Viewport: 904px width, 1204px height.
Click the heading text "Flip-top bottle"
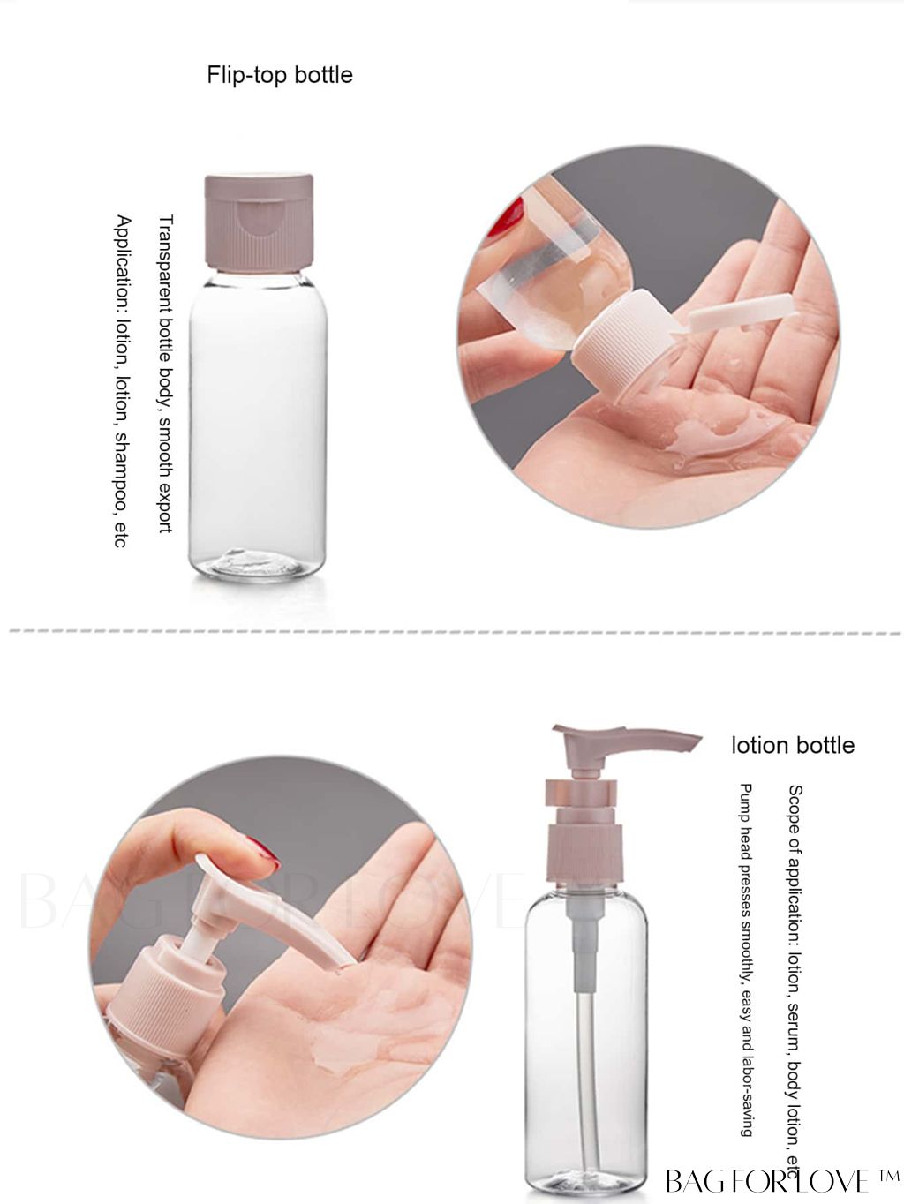pos(279,75)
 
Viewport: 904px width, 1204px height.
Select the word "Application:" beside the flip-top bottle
pos(123,265)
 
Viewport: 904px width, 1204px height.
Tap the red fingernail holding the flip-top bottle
pos(507,216)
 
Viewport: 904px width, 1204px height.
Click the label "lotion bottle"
pos(793,745)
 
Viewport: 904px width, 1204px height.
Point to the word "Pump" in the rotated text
pos(745,801)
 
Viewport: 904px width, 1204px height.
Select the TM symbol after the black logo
pos(887,1176)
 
